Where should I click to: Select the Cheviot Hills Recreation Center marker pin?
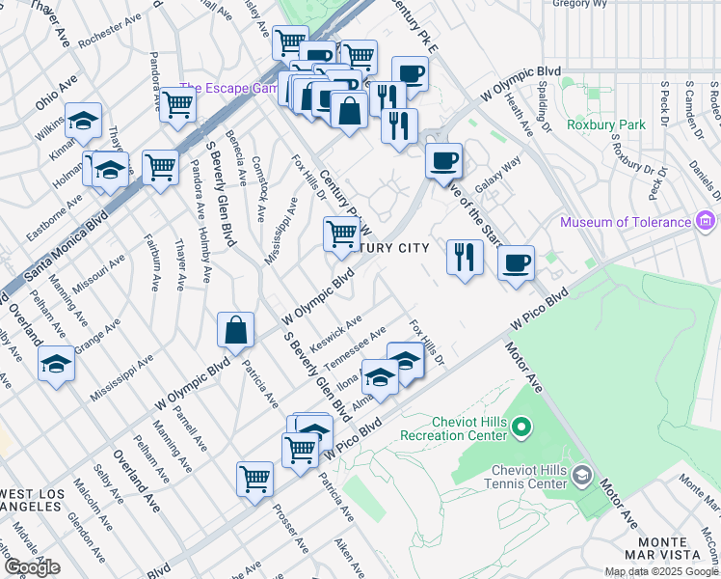pos(521,425)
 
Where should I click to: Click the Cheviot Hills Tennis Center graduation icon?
pos(581,474)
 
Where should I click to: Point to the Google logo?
pos(32,567)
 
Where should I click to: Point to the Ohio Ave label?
pos(57,92)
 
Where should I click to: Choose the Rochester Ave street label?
pos(111,31)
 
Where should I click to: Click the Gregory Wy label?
pos(585,4)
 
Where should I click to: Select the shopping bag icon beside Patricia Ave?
pos(235,331)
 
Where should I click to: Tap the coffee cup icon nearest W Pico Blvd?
pos(517,262)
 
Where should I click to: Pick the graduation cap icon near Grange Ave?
pos(56,365)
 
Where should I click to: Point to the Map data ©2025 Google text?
pos(660,571)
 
